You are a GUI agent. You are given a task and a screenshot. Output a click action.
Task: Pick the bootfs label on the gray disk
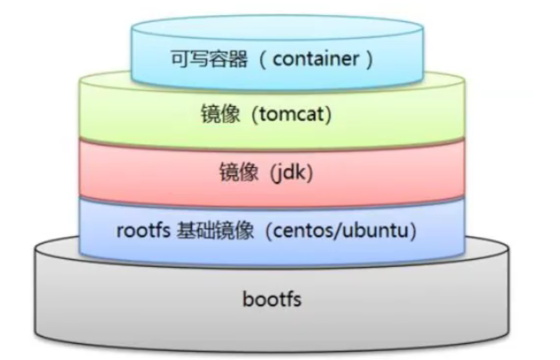point(272,299)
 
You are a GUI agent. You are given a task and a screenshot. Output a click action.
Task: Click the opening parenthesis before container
point(263,60)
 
